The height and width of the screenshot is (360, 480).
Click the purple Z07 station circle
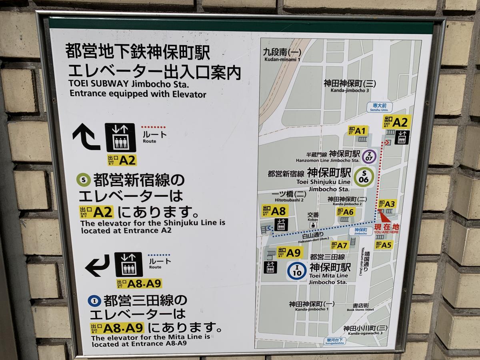[x=369, y=156]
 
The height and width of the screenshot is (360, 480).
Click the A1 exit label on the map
[x=358, y=131]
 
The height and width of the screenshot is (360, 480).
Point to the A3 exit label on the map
[x=387, y=204]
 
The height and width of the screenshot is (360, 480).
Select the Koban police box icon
[x=313, y=224]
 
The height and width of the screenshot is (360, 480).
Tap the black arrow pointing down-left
[x=97, y=266]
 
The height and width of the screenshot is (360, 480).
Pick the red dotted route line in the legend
[x=153, y=127]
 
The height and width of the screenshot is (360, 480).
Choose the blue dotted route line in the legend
[x=159, y=255]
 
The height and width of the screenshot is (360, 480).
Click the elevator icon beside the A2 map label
[x=402, y=137]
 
